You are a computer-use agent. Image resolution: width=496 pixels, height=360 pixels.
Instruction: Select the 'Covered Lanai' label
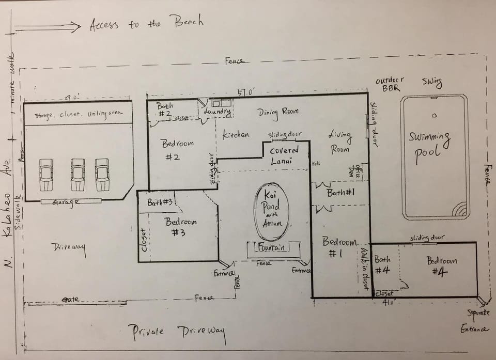click(x=285, y=155)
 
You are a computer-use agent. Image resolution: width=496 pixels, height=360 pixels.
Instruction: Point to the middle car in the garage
click(x=78, y=174)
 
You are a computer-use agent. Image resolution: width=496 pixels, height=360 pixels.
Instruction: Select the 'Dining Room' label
click(x=278, y=112)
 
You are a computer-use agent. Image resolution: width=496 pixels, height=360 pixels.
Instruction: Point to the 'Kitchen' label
click(x=236, y=135)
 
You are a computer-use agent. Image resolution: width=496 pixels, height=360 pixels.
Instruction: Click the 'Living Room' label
click(x=339, y=142)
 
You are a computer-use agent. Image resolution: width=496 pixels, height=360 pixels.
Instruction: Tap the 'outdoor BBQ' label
click(x=390, y=84)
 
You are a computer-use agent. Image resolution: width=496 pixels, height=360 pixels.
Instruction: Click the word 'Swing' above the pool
click(x=431, y=82)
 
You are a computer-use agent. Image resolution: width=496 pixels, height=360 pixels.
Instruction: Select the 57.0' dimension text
click(x=246, y=92)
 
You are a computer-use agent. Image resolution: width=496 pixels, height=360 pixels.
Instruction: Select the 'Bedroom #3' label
click(x=180, y=227)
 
